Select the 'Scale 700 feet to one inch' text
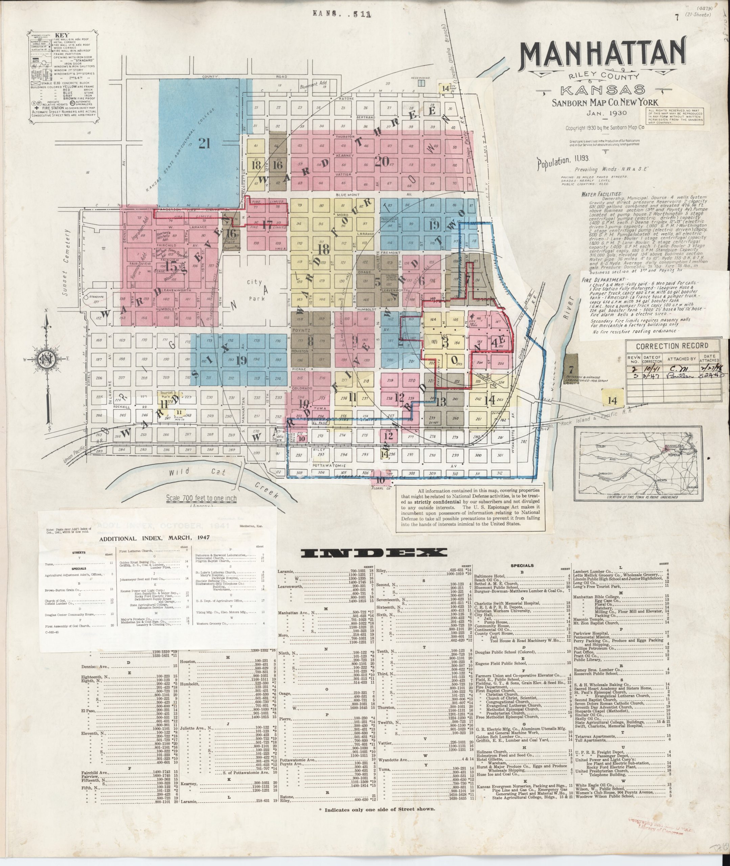pos(201,498)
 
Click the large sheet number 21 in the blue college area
pos(204,143)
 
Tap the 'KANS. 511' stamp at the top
pos(341,14)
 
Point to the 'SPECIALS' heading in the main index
pos(522,565)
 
